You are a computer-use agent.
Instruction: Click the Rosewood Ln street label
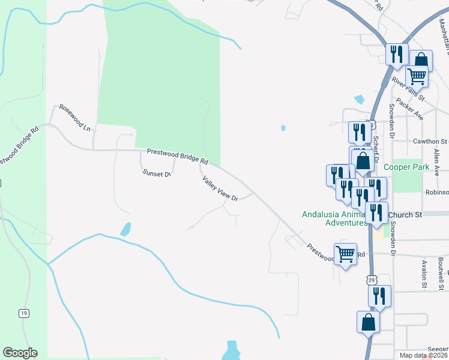(x=73, y=119)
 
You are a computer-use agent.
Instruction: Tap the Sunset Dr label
(x=157, y=173)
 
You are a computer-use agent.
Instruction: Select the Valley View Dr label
(x=220, y=188)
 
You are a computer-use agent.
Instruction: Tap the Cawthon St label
(x=430, y=142)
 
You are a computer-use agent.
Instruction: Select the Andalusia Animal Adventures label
(x=334, y=218)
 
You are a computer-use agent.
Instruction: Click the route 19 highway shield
(x=23, y=313)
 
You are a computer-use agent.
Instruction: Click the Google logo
(x=20, y=353)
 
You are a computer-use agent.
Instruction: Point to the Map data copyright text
(x=424, y=356)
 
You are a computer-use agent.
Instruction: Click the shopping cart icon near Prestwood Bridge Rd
(x=346, y=254)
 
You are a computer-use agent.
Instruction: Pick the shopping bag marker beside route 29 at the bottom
(x=368, y=322)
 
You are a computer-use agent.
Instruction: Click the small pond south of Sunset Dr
(x=125, y=229)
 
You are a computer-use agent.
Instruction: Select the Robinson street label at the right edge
(x=437, y=193)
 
